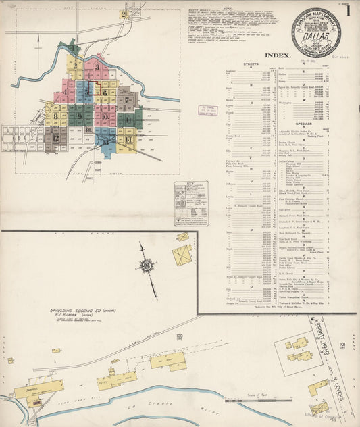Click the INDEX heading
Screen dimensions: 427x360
[278, 55]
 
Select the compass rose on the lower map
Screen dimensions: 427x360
[146, 266]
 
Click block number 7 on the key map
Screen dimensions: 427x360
[126, 99]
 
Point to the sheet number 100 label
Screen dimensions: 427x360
[179, 336]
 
